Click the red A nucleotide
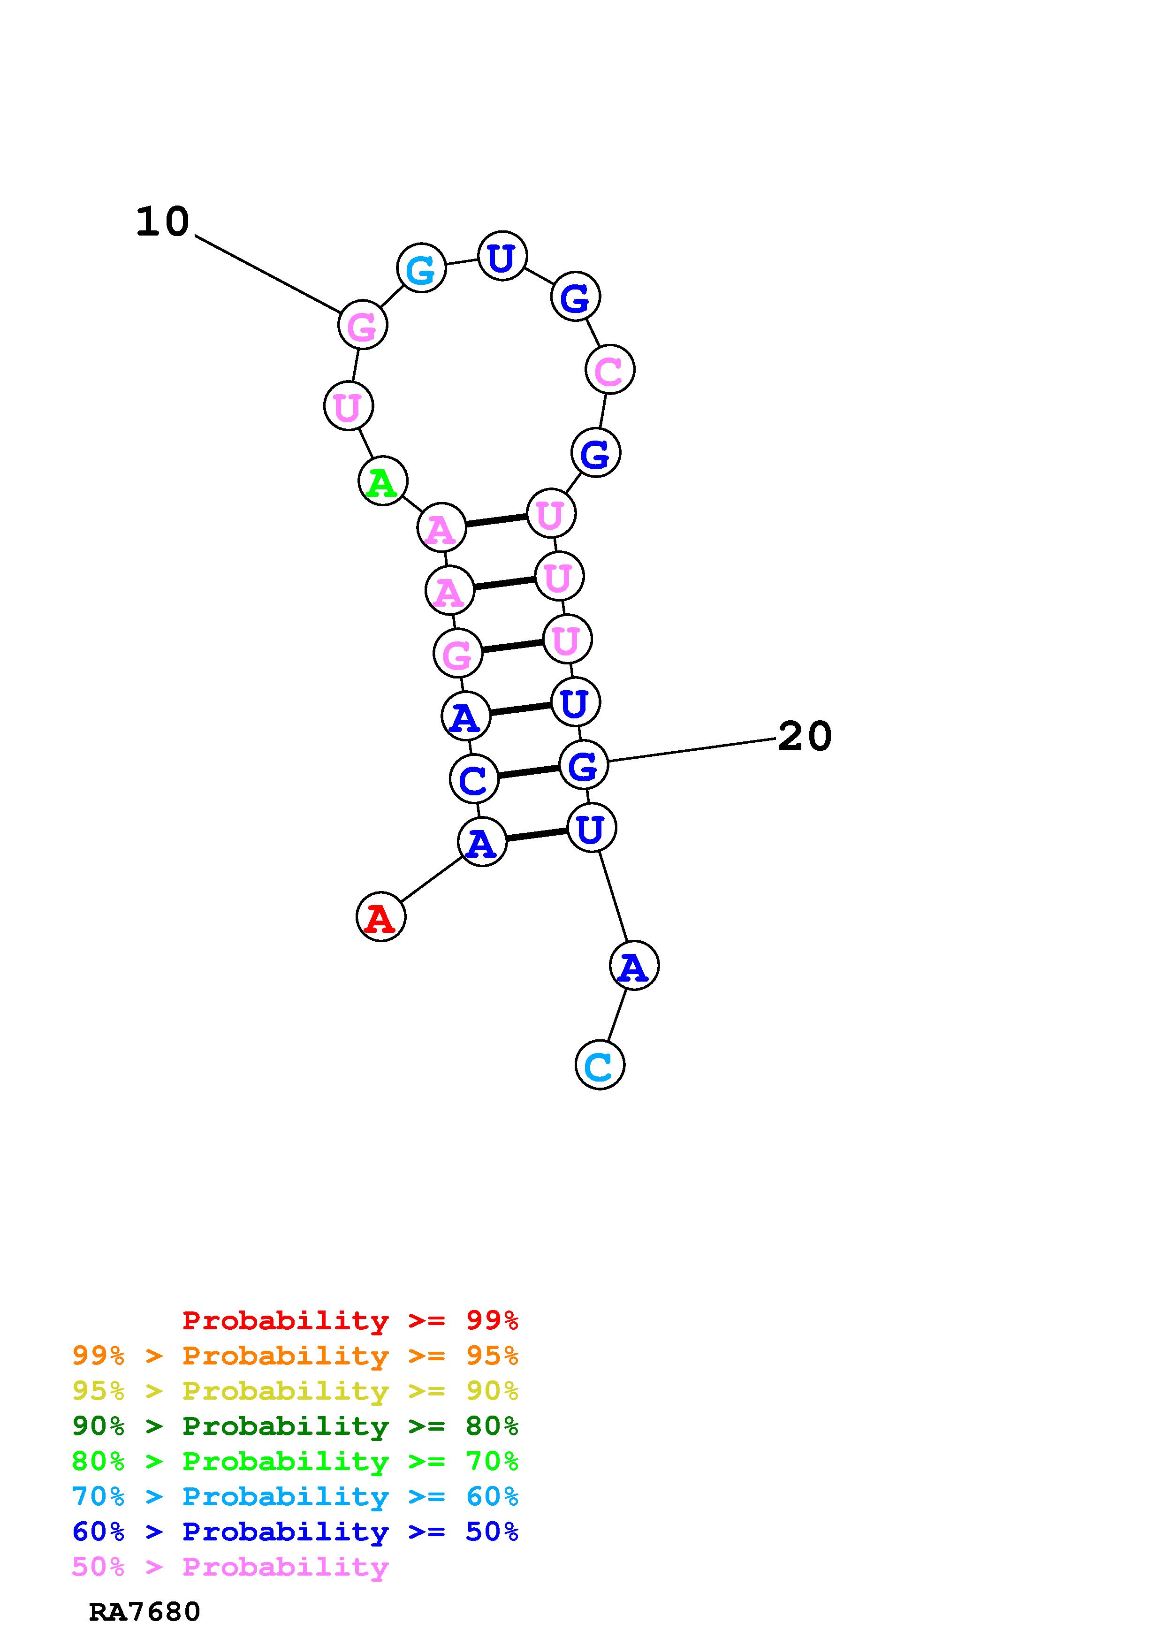380,916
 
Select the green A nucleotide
383,480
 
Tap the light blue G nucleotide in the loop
421,268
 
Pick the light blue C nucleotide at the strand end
600,1065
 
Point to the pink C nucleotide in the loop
610,370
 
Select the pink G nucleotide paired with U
457,653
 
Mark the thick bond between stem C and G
528,771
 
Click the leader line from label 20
692,749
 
